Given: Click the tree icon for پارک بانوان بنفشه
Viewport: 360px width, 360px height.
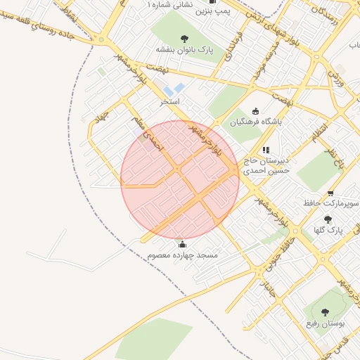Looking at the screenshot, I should pos(184,39).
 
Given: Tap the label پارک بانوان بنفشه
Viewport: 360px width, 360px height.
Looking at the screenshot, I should pos(184,50).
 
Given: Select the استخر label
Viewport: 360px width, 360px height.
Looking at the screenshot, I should pos(170,101).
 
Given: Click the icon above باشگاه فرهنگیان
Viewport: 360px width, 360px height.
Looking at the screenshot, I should pos(255,111).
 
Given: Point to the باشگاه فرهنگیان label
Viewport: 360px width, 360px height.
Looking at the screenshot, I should pos(255,122).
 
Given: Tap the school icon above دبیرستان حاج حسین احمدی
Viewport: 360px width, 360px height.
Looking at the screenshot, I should pos(266,150).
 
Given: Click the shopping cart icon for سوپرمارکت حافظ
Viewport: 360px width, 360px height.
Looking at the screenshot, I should pos(330,193).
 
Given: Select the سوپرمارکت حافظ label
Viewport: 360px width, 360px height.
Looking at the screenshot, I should pos(326,203).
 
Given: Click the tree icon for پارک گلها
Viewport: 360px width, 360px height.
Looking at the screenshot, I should pos(328,219).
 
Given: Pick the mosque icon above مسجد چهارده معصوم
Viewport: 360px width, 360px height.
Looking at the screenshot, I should pos(183,245).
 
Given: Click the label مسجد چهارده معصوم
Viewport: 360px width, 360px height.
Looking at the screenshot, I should pos(183,255).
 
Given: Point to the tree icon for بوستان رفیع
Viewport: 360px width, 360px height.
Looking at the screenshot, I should pos(324,312).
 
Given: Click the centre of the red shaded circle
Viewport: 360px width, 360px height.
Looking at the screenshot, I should pos(180,179).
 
